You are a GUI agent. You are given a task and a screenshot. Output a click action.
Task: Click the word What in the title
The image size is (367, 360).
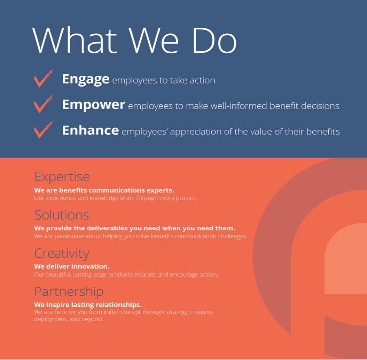(75, 40)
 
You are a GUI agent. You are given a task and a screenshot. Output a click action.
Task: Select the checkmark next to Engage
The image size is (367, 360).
(44, 78)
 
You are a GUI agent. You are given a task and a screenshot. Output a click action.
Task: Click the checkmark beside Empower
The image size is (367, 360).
(44, 104)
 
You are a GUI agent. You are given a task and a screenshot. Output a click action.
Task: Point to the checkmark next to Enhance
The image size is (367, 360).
(44, 130)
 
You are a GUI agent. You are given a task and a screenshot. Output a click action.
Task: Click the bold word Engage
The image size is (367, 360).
(86, 79)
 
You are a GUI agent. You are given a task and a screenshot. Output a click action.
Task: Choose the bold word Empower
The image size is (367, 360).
(94, 105)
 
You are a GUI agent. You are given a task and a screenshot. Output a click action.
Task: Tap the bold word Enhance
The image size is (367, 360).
(91, 130)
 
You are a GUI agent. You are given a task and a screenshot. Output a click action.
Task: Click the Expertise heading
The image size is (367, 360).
(62, 177)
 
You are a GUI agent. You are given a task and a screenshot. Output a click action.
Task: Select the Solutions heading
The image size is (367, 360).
(62, 215)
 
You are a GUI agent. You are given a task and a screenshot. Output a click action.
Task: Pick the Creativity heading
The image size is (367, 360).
(62, 254)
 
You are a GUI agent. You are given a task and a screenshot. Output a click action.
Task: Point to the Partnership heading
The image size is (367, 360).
(69, 292)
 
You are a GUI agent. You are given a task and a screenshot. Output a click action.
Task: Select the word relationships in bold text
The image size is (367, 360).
(119, 305)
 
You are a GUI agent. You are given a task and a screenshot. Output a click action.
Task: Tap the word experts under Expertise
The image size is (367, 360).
(160, 191)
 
